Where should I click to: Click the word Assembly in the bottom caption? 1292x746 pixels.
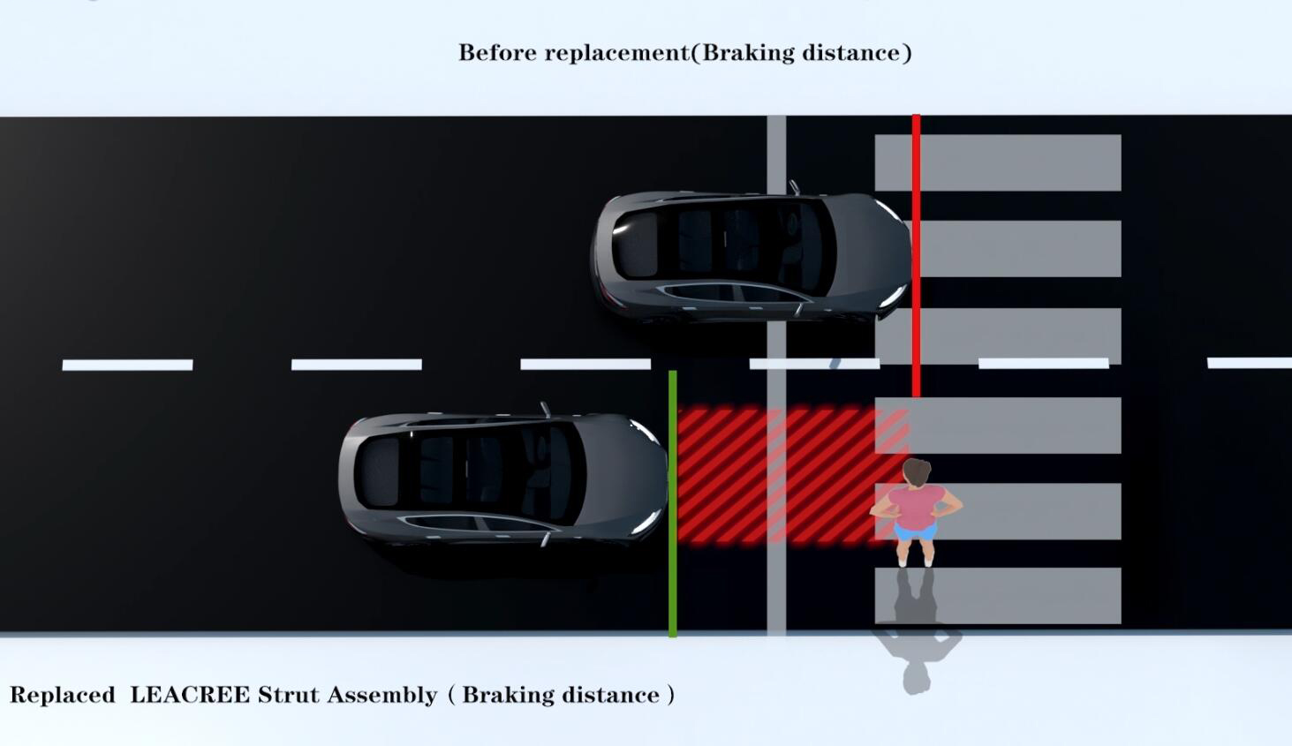click(x=382, y=696)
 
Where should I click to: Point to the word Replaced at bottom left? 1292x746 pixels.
click(x=63, y=695)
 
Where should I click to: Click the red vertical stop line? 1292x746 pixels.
click(x=916, y=256)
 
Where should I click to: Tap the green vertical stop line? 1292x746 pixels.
click(x=673, y=503)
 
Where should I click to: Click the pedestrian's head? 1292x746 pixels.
click(x=917, y=472)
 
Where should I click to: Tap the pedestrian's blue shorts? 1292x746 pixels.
click(x=915, y=530)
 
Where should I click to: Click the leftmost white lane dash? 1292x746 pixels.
click(x=127, y=365)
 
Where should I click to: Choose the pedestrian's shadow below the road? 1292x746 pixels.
click(x=918, y=653)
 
